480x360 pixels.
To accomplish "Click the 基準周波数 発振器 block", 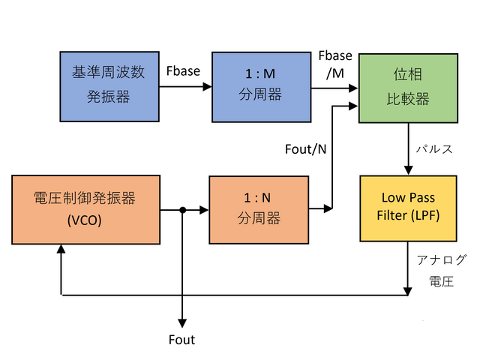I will pos(109,86).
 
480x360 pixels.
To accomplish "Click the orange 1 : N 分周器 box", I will pos(259,210).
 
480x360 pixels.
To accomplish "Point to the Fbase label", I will pos(183,72).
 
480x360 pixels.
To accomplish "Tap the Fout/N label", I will pos(304,148).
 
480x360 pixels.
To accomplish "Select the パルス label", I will pos(435,148).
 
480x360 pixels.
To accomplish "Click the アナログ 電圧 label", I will pos(441,270).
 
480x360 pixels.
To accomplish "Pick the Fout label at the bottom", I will pos(181,340).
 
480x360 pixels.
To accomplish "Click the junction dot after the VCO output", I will pos(182,211).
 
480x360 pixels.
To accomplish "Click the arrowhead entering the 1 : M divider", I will pos(206,86).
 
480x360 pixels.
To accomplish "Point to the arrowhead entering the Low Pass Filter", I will pos(407,170).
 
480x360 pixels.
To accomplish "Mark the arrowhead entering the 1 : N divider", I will pos(204,211).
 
